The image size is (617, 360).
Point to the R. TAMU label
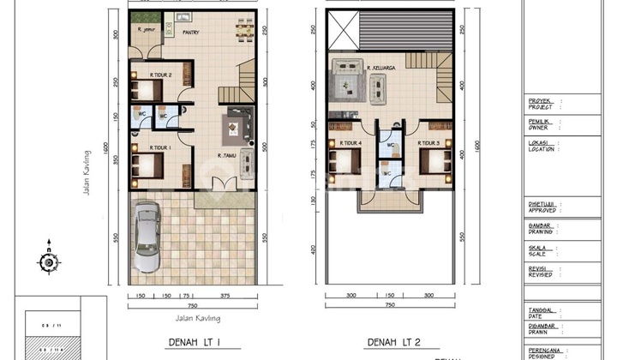(x=226, y=155)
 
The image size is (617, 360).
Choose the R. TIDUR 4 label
(x=348, y=144)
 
